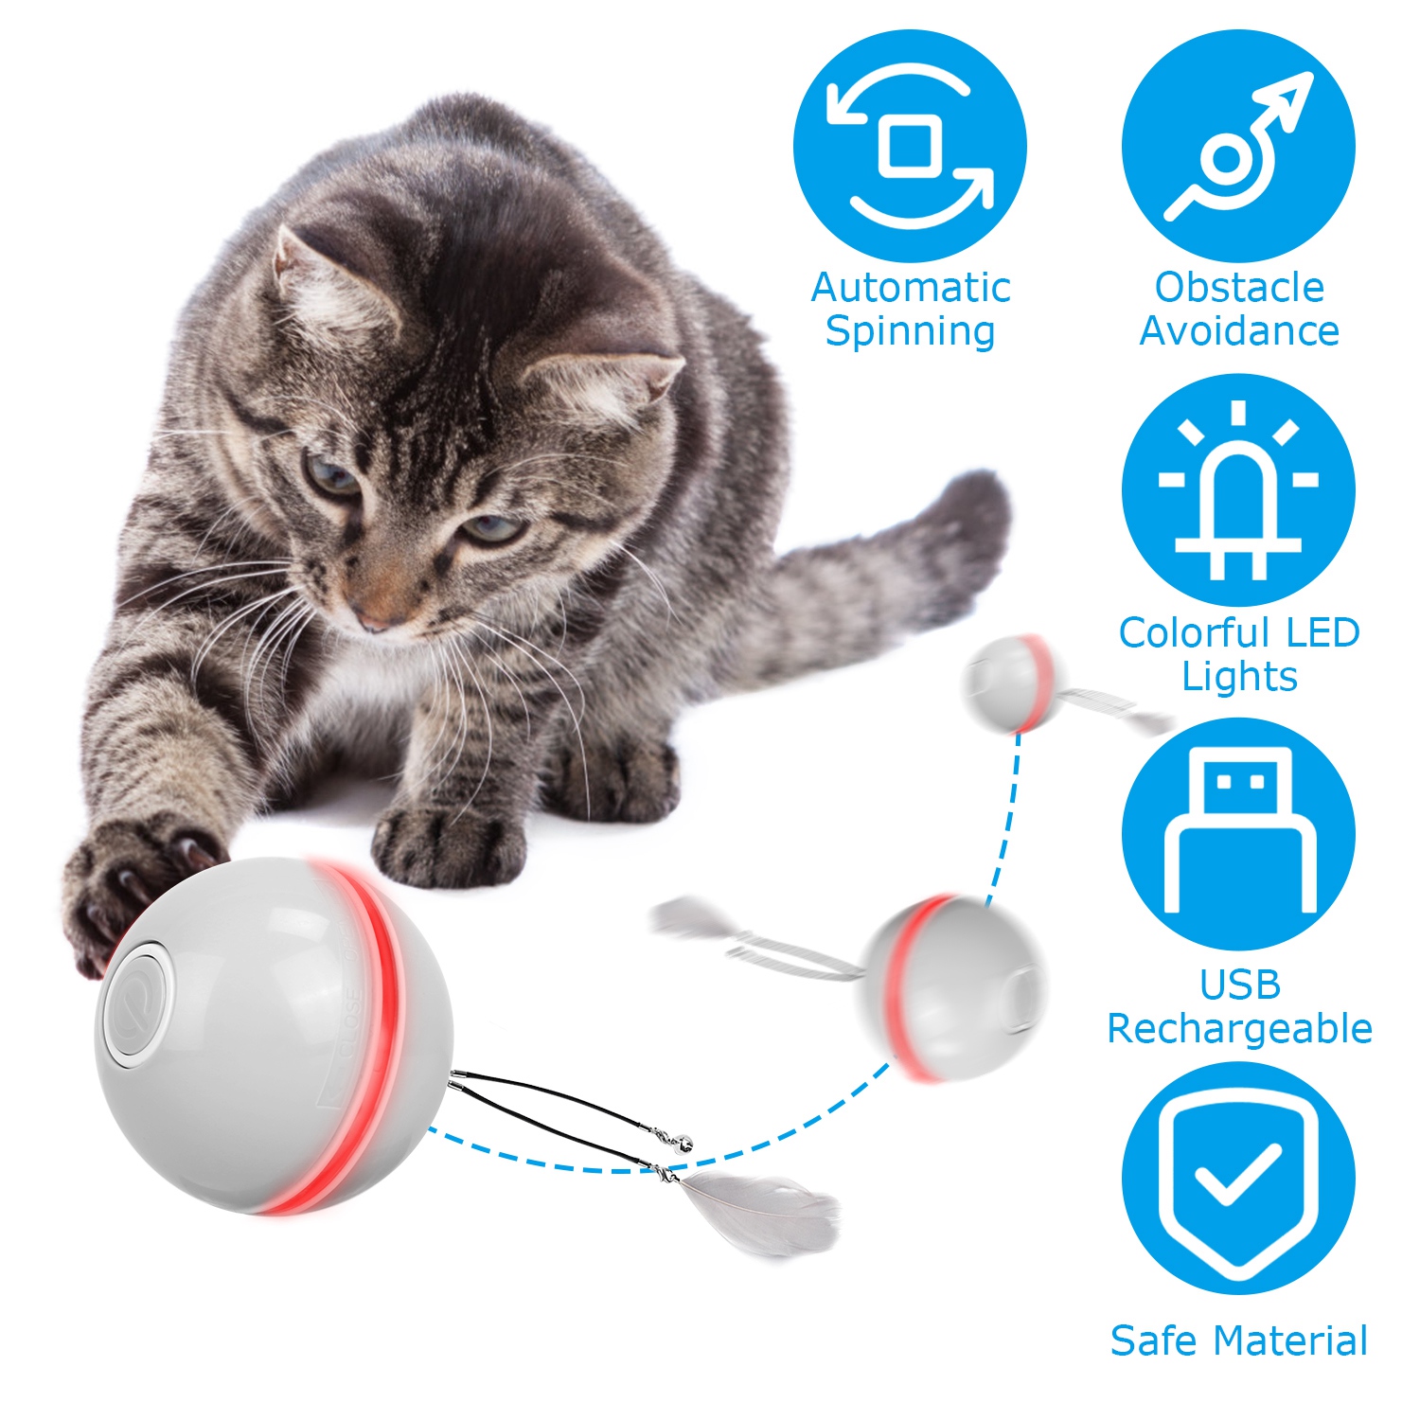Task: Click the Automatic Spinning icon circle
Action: pos(910,146)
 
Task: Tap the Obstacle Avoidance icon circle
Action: pos(1238,146)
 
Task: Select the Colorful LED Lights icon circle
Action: pos(1238,489)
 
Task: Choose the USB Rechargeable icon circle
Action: pos(1238,834)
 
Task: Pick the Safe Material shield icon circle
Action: pos(1238,1178)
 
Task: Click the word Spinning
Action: pos(910,332)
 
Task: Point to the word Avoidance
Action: pos(1239,330)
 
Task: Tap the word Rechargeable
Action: pos(1239,1029)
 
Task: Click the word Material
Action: pos(1291,1340)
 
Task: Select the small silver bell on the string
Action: pos(683,1145)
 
